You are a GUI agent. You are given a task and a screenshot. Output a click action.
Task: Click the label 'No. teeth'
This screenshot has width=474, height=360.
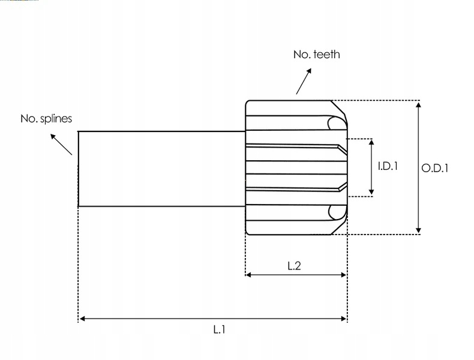[x=316, y=55]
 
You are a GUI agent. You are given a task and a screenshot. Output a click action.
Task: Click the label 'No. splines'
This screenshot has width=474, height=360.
[x=46, y=119]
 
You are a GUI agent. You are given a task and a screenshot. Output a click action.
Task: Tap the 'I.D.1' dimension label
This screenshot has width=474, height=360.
[x=388, y=166]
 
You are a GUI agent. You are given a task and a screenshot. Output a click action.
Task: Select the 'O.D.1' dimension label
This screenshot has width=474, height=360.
[x=434, y=169]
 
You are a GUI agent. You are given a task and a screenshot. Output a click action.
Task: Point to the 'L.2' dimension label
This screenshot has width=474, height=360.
[x=294, y=265]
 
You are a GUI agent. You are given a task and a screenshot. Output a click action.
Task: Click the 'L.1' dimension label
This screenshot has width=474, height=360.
[x=218, y=329]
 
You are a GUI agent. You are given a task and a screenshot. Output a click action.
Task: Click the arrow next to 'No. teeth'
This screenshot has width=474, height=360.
[x=304, y=81]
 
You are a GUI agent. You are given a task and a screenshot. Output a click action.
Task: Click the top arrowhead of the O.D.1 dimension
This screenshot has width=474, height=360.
[x=419, y=104]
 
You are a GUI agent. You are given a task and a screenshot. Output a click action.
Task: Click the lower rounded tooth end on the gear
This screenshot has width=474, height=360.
[x=336, y=212]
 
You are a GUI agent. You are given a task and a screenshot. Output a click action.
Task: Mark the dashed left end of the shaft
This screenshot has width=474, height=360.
[x=79, y=169]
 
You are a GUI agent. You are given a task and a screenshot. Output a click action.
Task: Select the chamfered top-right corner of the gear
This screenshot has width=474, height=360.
[x=339, y=108]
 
